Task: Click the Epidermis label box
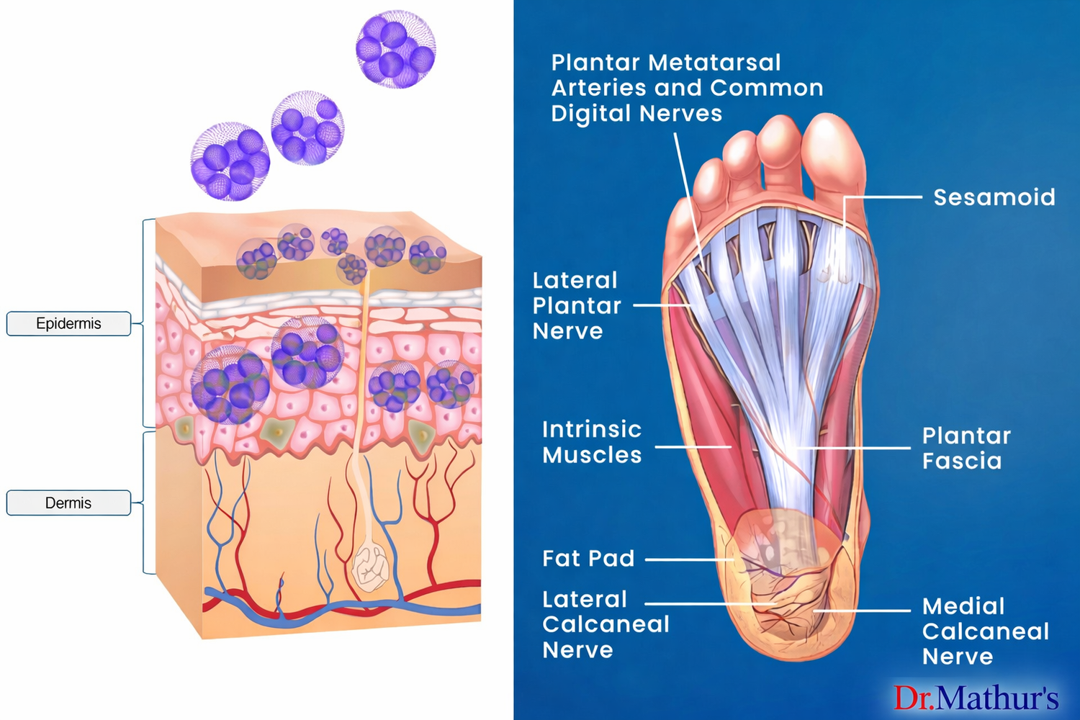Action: (x=68, y=324)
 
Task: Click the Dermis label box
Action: (x=68, y=503)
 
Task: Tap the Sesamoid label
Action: (x=994, y=197)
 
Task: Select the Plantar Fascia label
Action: (x=966, y=448)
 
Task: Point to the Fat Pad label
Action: (x=588, y=559)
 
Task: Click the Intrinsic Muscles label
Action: (x=592, y=442)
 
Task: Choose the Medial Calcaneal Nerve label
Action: (x=985, y=631)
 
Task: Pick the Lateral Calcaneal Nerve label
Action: (x=605, y=624)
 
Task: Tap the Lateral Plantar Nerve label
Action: (x=576, y=306)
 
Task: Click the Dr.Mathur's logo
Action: (x=976, y=698)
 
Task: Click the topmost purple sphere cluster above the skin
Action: (x=395, y=49)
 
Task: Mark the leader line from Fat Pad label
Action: (x=688, y=559)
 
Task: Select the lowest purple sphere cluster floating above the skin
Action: (x=230, y=161)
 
